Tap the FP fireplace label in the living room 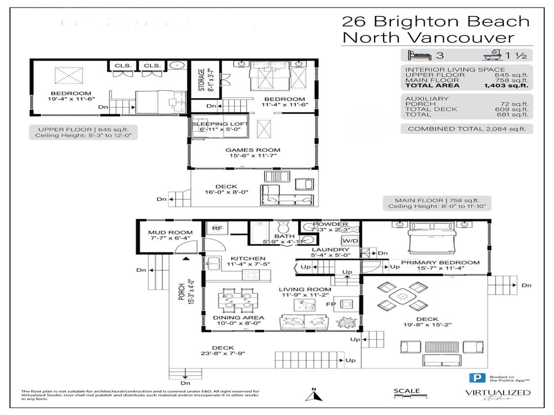click(x=330, y=304)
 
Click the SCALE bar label click(x=406, y=391)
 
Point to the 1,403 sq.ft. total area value click(x=506, y=85)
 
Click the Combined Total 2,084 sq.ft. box click(x=466, y=129)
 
